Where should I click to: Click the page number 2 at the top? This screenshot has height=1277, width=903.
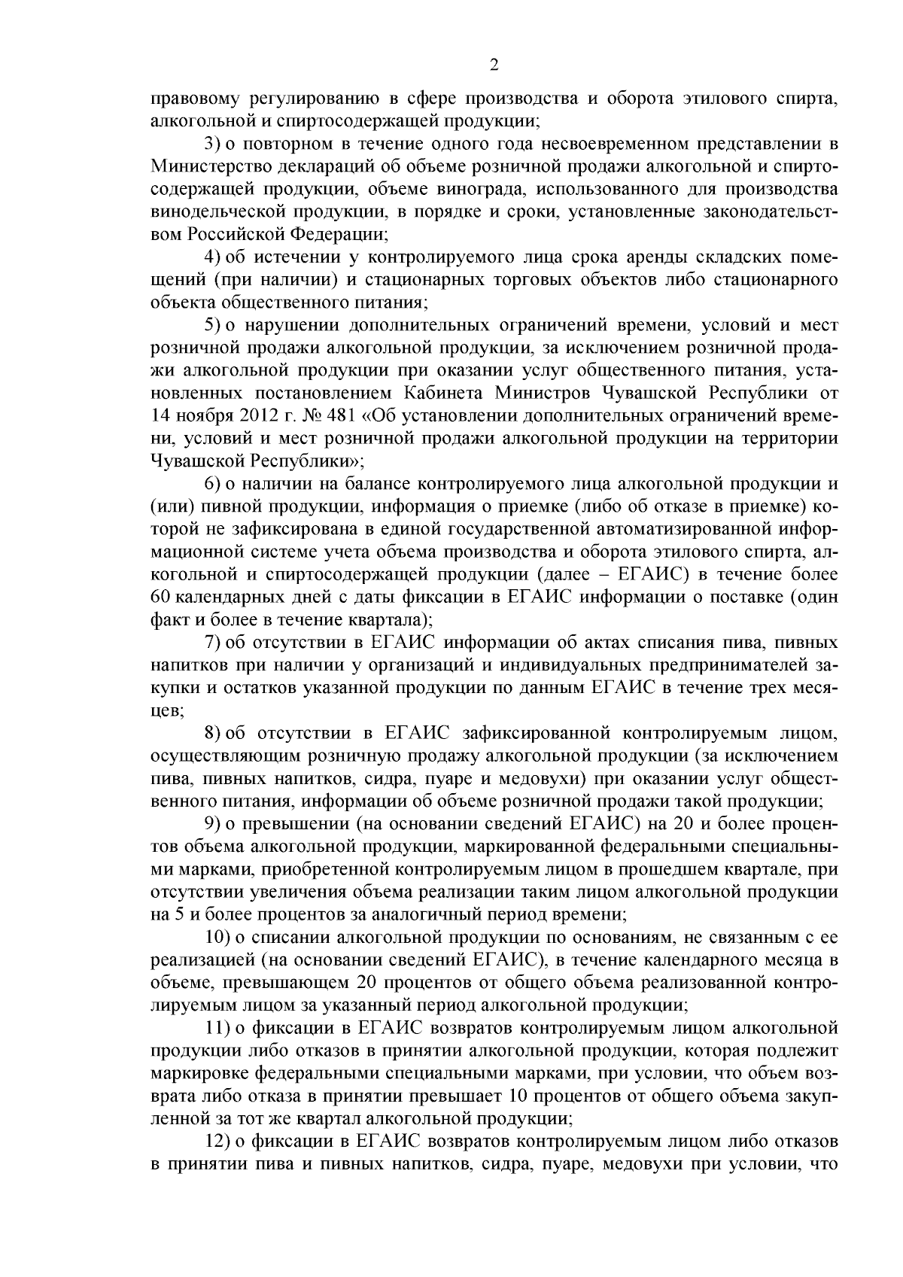click(494, 65)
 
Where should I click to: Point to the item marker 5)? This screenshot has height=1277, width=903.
click(214, 325)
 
